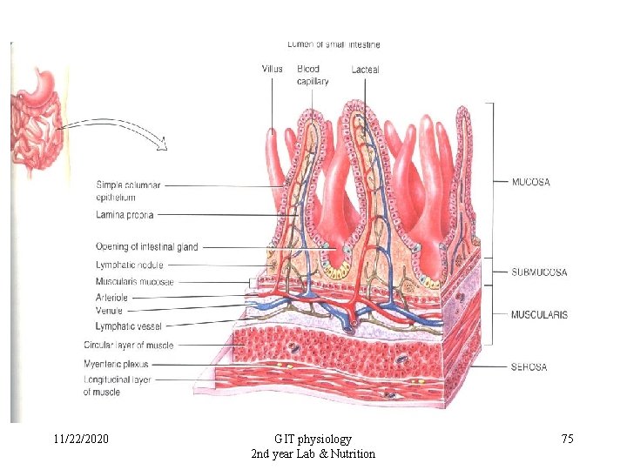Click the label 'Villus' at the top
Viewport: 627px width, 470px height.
coord(273,69)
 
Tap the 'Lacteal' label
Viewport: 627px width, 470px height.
coord(365,69)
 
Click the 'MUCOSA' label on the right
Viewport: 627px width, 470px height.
coord(531,182)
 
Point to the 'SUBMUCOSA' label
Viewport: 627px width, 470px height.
coord(538,272)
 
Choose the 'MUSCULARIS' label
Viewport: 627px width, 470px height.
coord(539,314)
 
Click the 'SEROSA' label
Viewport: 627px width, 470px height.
coord(529,366)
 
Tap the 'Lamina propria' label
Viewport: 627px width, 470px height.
coord(126,214)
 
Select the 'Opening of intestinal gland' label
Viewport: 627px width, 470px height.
coord(147,247)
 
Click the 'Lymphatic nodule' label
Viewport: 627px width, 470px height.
coord(129,265)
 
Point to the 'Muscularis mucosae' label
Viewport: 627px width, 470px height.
coord(135,281)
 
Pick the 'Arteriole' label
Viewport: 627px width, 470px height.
coord(111,298)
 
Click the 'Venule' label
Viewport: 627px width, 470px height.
coord(109,311)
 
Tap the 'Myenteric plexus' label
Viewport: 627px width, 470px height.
coord(117,364)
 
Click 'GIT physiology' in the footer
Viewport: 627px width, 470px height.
coord(313,440)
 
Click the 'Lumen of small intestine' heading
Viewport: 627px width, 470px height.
coord(334,44)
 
